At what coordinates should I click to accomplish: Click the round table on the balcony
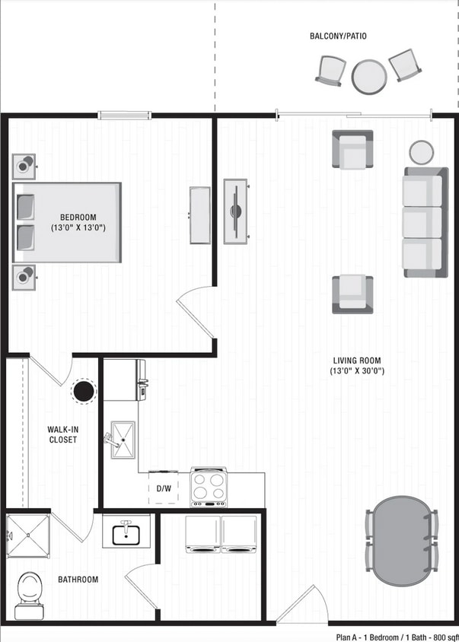tap(369, 76)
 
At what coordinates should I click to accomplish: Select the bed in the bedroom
tap(68, 222)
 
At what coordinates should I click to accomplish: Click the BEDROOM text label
tap(78, 221)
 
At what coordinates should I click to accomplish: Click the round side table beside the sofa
tap(421, 151)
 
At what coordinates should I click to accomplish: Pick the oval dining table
tap(401, 539)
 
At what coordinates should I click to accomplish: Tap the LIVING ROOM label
tap(356, 366)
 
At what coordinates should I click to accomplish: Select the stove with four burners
tap(209, 487)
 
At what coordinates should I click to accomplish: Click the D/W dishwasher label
tap(164, 488)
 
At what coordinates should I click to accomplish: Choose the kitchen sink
tap(125, 440)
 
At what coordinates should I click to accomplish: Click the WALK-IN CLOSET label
tap(62, 434)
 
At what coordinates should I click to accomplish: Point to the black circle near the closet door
tap(82, 392)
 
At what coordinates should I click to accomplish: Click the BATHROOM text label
tap(78, 580)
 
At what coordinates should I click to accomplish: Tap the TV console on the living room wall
tap(236, 211)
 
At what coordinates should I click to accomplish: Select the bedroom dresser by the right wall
tap(200, 215)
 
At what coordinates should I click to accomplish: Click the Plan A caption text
tap(396, 636)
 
